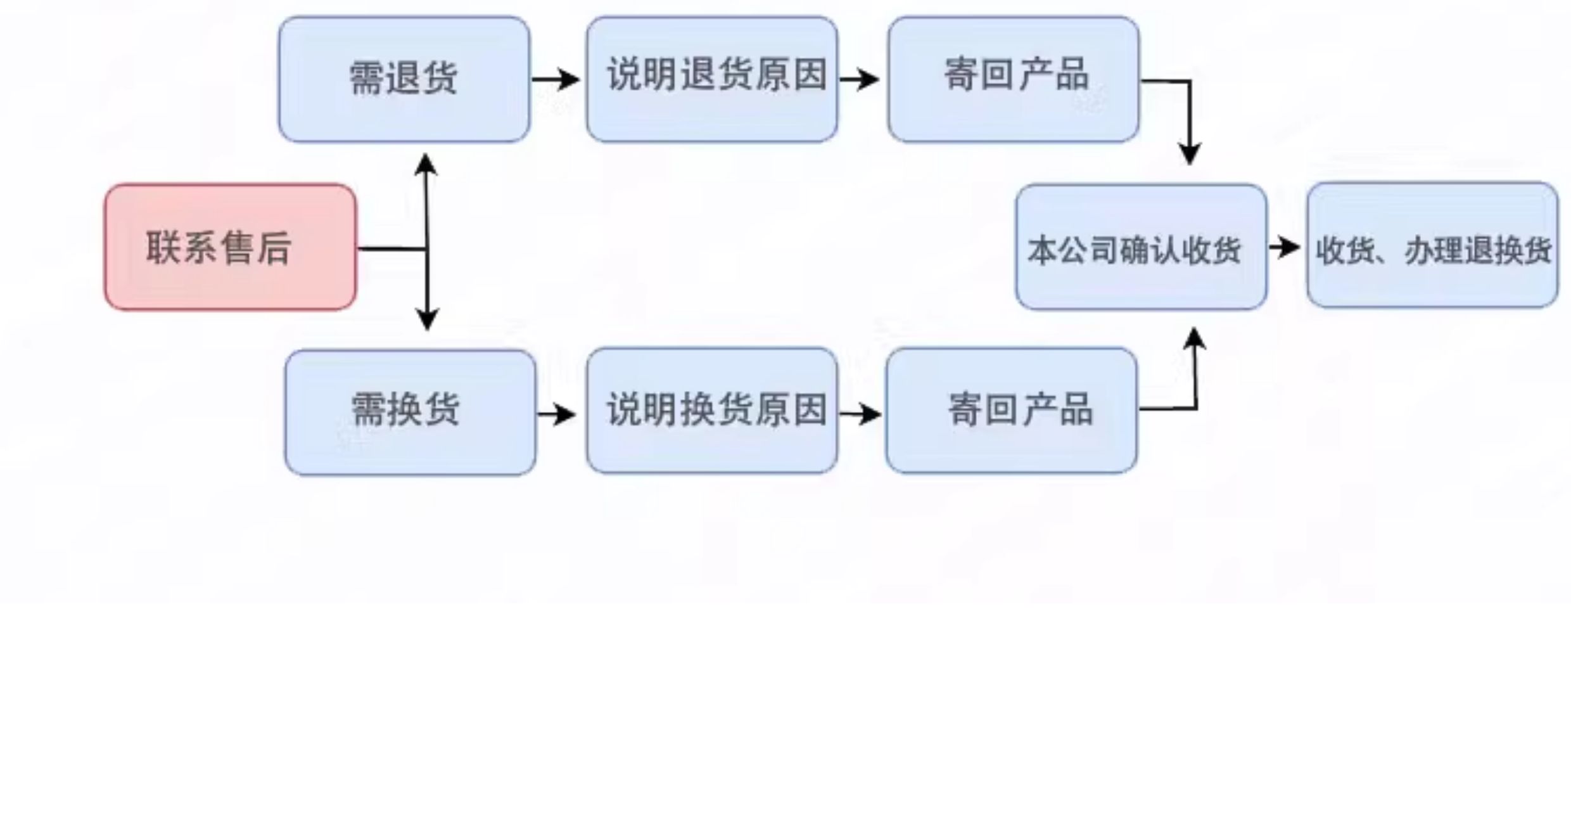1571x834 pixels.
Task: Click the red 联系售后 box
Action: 231,247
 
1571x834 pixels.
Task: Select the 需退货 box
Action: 404,79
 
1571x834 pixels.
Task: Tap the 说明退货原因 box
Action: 712,79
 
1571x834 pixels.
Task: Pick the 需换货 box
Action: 410,413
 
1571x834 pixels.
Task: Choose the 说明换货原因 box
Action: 712,411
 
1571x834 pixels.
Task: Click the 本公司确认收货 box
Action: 1142,247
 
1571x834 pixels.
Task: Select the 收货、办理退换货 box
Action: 1433,245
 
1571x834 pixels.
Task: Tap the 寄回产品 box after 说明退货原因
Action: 1014,79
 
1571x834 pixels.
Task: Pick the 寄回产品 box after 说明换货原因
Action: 1012,411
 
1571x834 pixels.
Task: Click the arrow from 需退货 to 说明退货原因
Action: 556,79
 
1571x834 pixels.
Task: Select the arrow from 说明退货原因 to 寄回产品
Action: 860,79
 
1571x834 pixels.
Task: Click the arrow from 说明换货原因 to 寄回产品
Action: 861,414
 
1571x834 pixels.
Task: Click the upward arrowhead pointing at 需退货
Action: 426,164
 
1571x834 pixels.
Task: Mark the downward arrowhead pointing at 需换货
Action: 428,320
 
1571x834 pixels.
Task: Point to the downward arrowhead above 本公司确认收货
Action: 1190,155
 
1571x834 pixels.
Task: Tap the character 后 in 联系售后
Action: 274,248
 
